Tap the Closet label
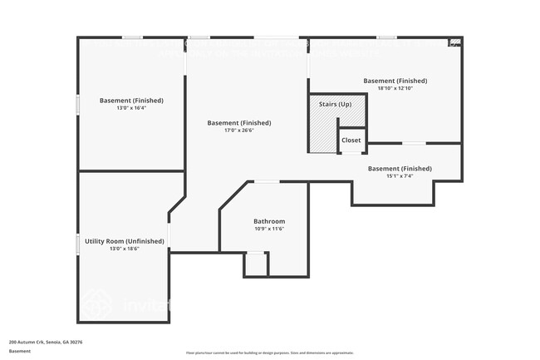point(351,141)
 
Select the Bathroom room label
point(269,221)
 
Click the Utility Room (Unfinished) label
point(125,241)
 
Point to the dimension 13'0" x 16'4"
point(131,108)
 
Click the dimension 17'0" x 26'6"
point(239,131)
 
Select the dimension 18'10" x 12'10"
point(395,88)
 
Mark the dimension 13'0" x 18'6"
point(125,249)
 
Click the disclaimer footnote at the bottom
point(270,353)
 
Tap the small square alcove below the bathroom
point(256,264)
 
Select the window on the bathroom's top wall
point(267,182)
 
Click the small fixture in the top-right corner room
point(454,42)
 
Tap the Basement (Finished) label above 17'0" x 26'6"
point(239,123)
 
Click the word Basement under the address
point(20,352)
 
